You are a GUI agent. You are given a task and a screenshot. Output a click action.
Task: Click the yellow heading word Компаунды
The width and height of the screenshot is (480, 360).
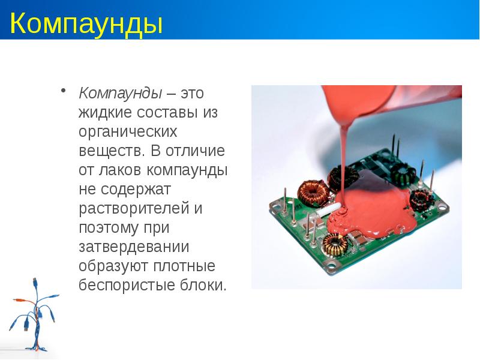coord(86,26)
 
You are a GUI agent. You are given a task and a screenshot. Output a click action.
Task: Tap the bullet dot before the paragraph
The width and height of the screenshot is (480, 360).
coord(62,91)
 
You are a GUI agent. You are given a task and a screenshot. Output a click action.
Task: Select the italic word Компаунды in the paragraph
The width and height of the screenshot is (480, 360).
coord(120,93)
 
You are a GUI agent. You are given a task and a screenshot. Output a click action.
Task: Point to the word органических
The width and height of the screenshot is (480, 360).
coord(128,131)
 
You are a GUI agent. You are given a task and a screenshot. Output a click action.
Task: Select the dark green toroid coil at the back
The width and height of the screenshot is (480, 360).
coord(401,173)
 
